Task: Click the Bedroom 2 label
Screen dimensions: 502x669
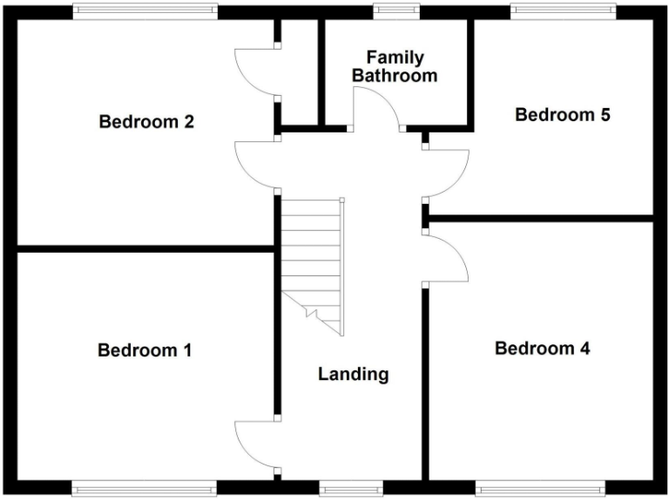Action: tap(146, 122)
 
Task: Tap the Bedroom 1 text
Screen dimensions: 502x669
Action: tap(145, 350)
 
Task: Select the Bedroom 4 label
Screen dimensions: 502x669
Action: tap(542, 349)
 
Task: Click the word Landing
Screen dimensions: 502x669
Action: tap(353, 375)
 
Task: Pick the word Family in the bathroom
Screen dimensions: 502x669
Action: tap(395, 58)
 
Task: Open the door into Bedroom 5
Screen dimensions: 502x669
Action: tap(446, 173)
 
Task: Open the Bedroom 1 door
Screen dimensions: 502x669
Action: tap(257, 447)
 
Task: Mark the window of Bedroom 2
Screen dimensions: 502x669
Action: tap(144, 11)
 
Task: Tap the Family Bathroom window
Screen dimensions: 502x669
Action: tap(395, 11)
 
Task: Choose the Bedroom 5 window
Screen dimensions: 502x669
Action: tap(563, 11)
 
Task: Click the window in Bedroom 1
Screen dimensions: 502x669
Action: tap(144, 487)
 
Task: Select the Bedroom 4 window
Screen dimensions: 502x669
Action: tap(541, 487)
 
